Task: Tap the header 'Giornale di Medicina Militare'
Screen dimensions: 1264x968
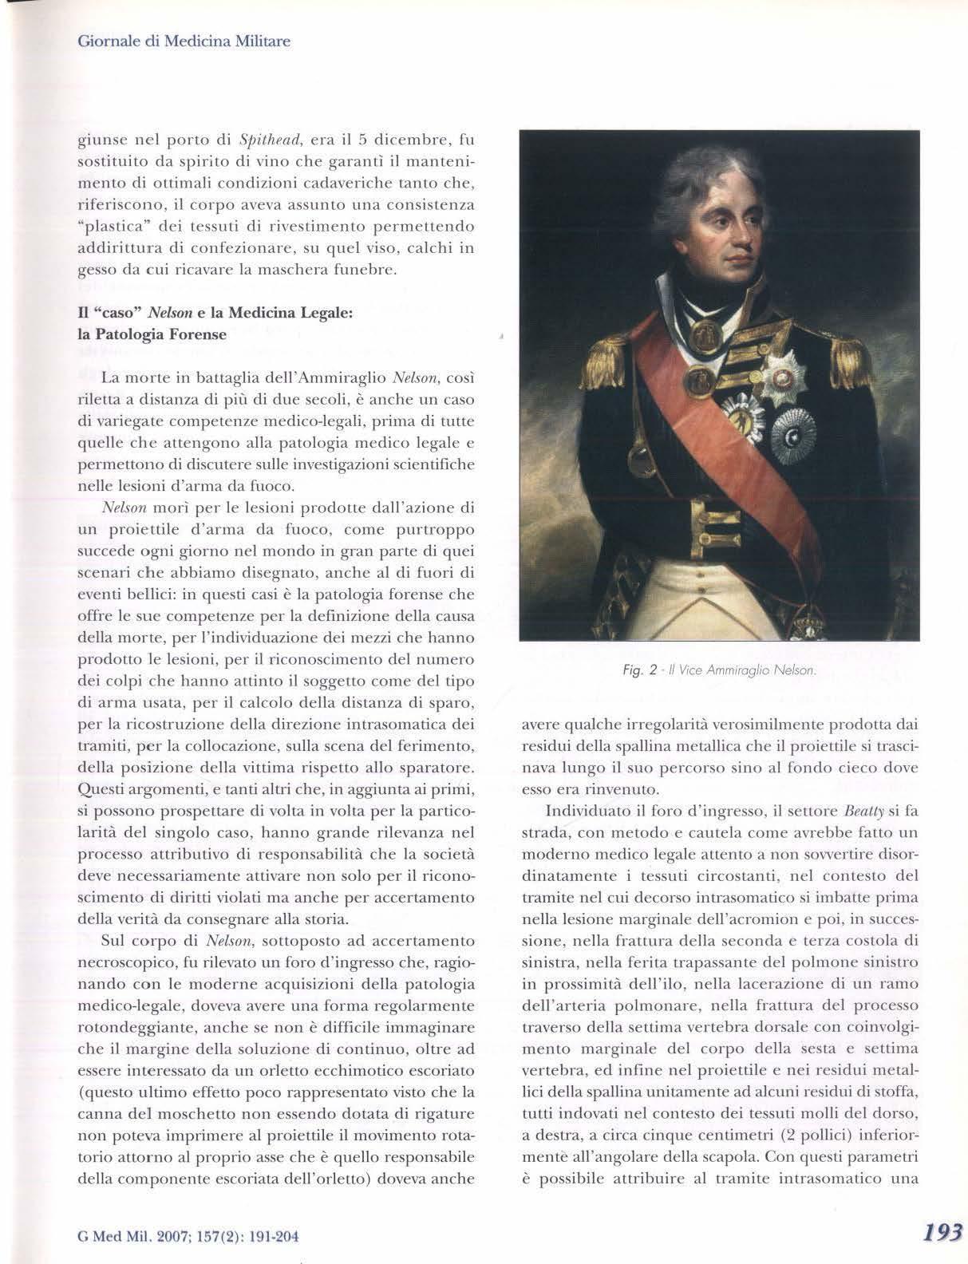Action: point(183,41)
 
